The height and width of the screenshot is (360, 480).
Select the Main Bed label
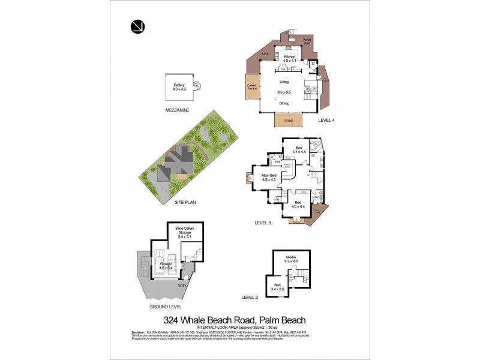click(x=268, y=178)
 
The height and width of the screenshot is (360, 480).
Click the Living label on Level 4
click(x=284, y=82)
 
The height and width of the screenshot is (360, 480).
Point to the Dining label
click(x=284, y=104)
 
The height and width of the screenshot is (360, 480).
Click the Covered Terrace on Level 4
click(x=252, y=88)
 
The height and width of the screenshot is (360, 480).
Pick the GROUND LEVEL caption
click(x=165, y=307)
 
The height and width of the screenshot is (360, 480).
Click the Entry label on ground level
click(x=182, y=285)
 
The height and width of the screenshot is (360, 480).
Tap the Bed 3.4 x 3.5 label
click(x=277, y=286)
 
